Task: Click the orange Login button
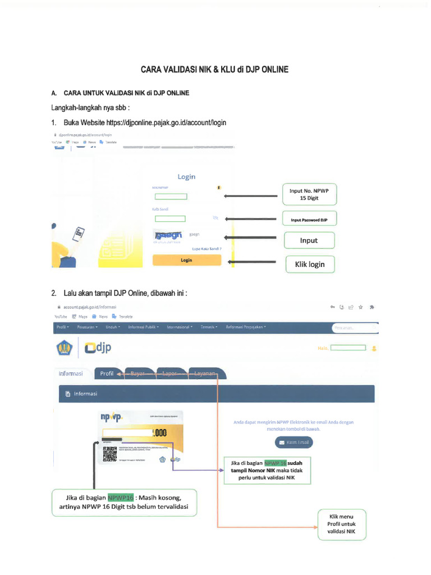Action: tap(186, 261)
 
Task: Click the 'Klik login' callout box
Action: tap(310, 264)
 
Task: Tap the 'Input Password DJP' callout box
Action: tap(308, 220)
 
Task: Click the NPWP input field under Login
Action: tap(171, 197)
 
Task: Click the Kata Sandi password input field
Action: tap(170, 218)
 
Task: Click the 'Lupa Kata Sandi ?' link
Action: tap(207, 248)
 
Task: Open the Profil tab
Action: tap(107, 373)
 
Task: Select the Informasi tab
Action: tap(71, 373)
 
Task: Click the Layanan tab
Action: tap(205, 373)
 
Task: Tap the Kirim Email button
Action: tap(294, 442)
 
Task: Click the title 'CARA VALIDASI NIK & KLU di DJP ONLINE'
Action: tap(214, 70)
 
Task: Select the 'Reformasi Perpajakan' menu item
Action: tap(246, 327)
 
